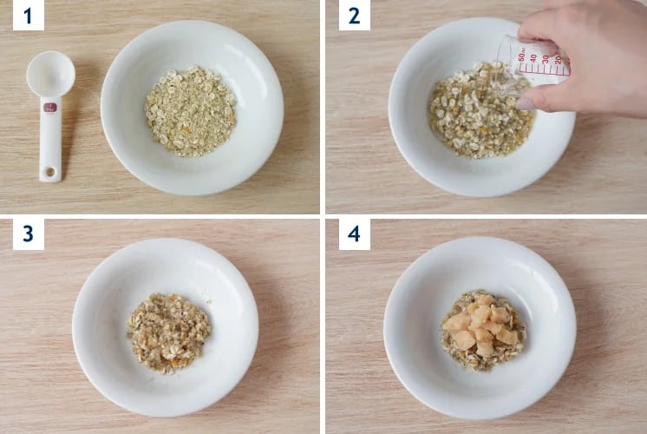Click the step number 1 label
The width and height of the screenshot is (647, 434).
[x=28, y=16]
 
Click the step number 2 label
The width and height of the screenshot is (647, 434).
[x=354, y=16]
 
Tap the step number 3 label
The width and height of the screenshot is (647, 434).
[x=28, y=234]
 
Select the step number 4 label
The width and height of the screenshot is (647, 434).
[x=354, y=234]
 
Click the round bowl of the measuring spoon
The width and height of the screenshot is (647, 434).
[x=51, y=75]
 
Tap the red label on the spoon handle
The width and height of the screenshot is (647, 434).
[x=50, y=108]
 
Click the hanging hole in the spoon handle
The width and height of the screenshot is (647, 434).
[x=50, y=171]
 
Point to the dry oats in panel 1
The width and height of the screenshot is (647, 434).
[x=190, y=111]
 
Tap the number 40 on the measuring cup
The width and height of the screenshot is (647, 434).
[x=533, y=58]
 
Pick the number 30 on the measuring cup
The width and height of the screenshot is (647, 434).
[x=546, y=59]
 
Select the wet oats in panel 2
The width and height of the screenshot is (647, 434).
[x=479, y=111]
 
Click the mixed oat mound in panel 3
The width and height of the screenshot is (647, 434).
[x=168, y=333]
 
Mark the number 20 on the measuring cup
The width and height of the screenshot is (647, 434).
[x=558, y=60]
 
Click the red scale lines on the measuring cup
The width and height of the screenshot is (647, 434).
[x=545, y=70]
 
